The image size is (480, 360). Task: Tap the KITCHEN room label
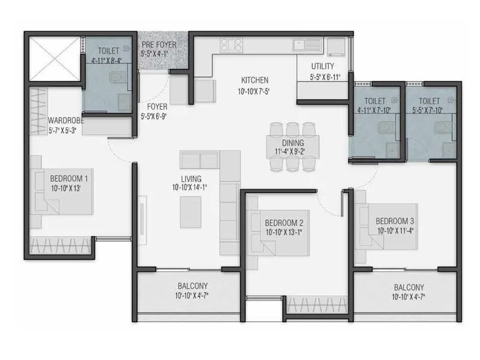255,80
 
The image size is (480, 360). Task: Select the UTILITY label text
322,67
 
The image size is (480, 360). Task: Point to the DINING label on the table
293,143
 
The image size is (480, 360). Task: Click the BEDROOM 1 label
69,178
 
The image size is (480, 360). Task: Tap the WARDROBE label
66,120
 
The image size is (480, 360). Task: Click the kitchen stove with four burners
230,45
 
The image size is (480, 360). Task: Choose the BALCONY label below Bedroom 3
408,287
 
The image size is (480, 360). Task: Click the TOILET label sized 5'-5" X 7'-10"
430,101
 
